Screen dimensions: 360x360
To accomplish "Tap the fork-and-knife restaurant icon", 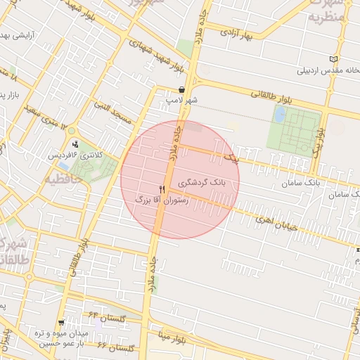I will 162,189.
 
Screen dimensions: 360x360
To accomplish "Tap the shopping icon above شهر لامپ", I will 183,90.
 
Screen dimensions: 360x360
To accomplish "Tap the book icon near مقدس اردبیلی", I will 333,60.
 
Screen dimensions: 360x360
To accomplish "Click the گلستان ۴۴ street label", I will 107,318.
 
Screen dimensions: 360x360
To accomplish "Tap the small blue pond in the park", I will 280,115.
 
